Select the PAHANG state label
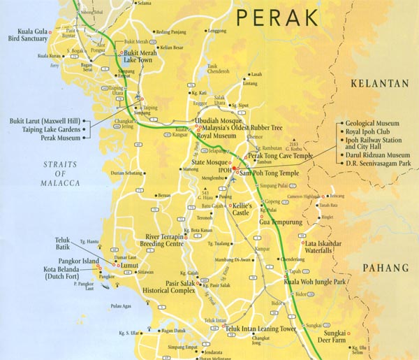pos(385,268)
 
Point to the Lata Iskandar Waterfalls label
pos(326,248)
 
